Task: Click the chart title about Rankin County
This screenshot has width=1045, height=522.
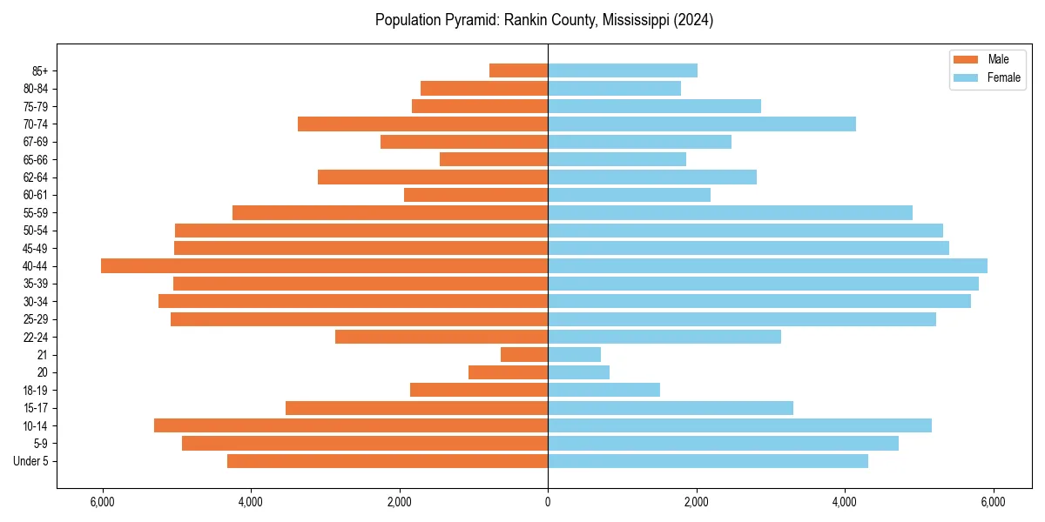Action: [544, 20]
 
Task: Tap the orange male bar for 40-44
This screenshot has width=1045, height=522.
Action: [324, 265]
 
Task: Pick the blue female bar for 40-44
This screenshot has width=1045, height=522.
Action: [767, 265]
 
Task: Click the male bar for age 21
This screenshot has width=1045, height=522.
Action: [524, 355]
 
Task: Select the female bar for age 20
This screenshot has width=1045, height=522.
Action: [578, 372]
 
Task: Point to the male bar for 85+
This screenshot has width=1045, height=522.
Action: [518, 70]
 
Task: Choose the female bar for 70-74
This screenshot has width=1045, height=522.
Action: [702, 124]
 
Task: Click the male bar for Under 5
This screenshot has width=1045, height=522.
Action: [388, 461]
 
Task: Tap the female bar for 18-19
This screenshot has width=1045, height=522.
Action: [603, 390]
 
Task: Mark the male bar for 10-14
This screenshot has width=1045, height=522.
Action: [351, 425]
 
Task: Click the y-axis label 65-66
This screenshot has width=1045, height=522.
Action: [36, 159]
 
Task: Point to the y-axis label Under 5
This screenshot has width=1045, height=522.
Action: [31, 461]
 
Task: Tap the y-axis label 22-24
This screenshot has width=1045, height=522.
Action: [36, 337]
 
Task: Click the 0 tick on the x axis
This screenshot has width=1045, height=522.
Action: [548, 502]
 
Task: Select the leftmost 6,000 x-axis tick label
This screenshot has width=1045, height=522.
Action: [103, 502]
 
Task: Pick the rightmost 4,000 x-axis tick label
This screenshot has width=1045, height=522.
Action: [845, 502]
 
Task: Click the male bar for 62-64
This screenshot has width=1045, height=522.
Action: [433, 177]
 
